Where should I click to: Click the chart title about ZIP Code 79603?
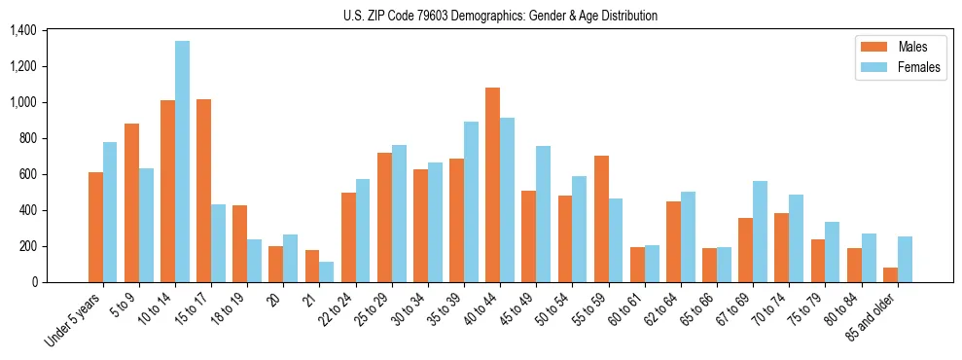500,16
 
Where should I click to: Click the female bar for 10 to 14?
182,162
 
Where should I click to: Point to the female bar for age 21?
326,271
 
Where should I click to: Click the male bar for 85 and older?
889,274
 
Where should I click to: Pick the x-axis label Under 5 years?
74,320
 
